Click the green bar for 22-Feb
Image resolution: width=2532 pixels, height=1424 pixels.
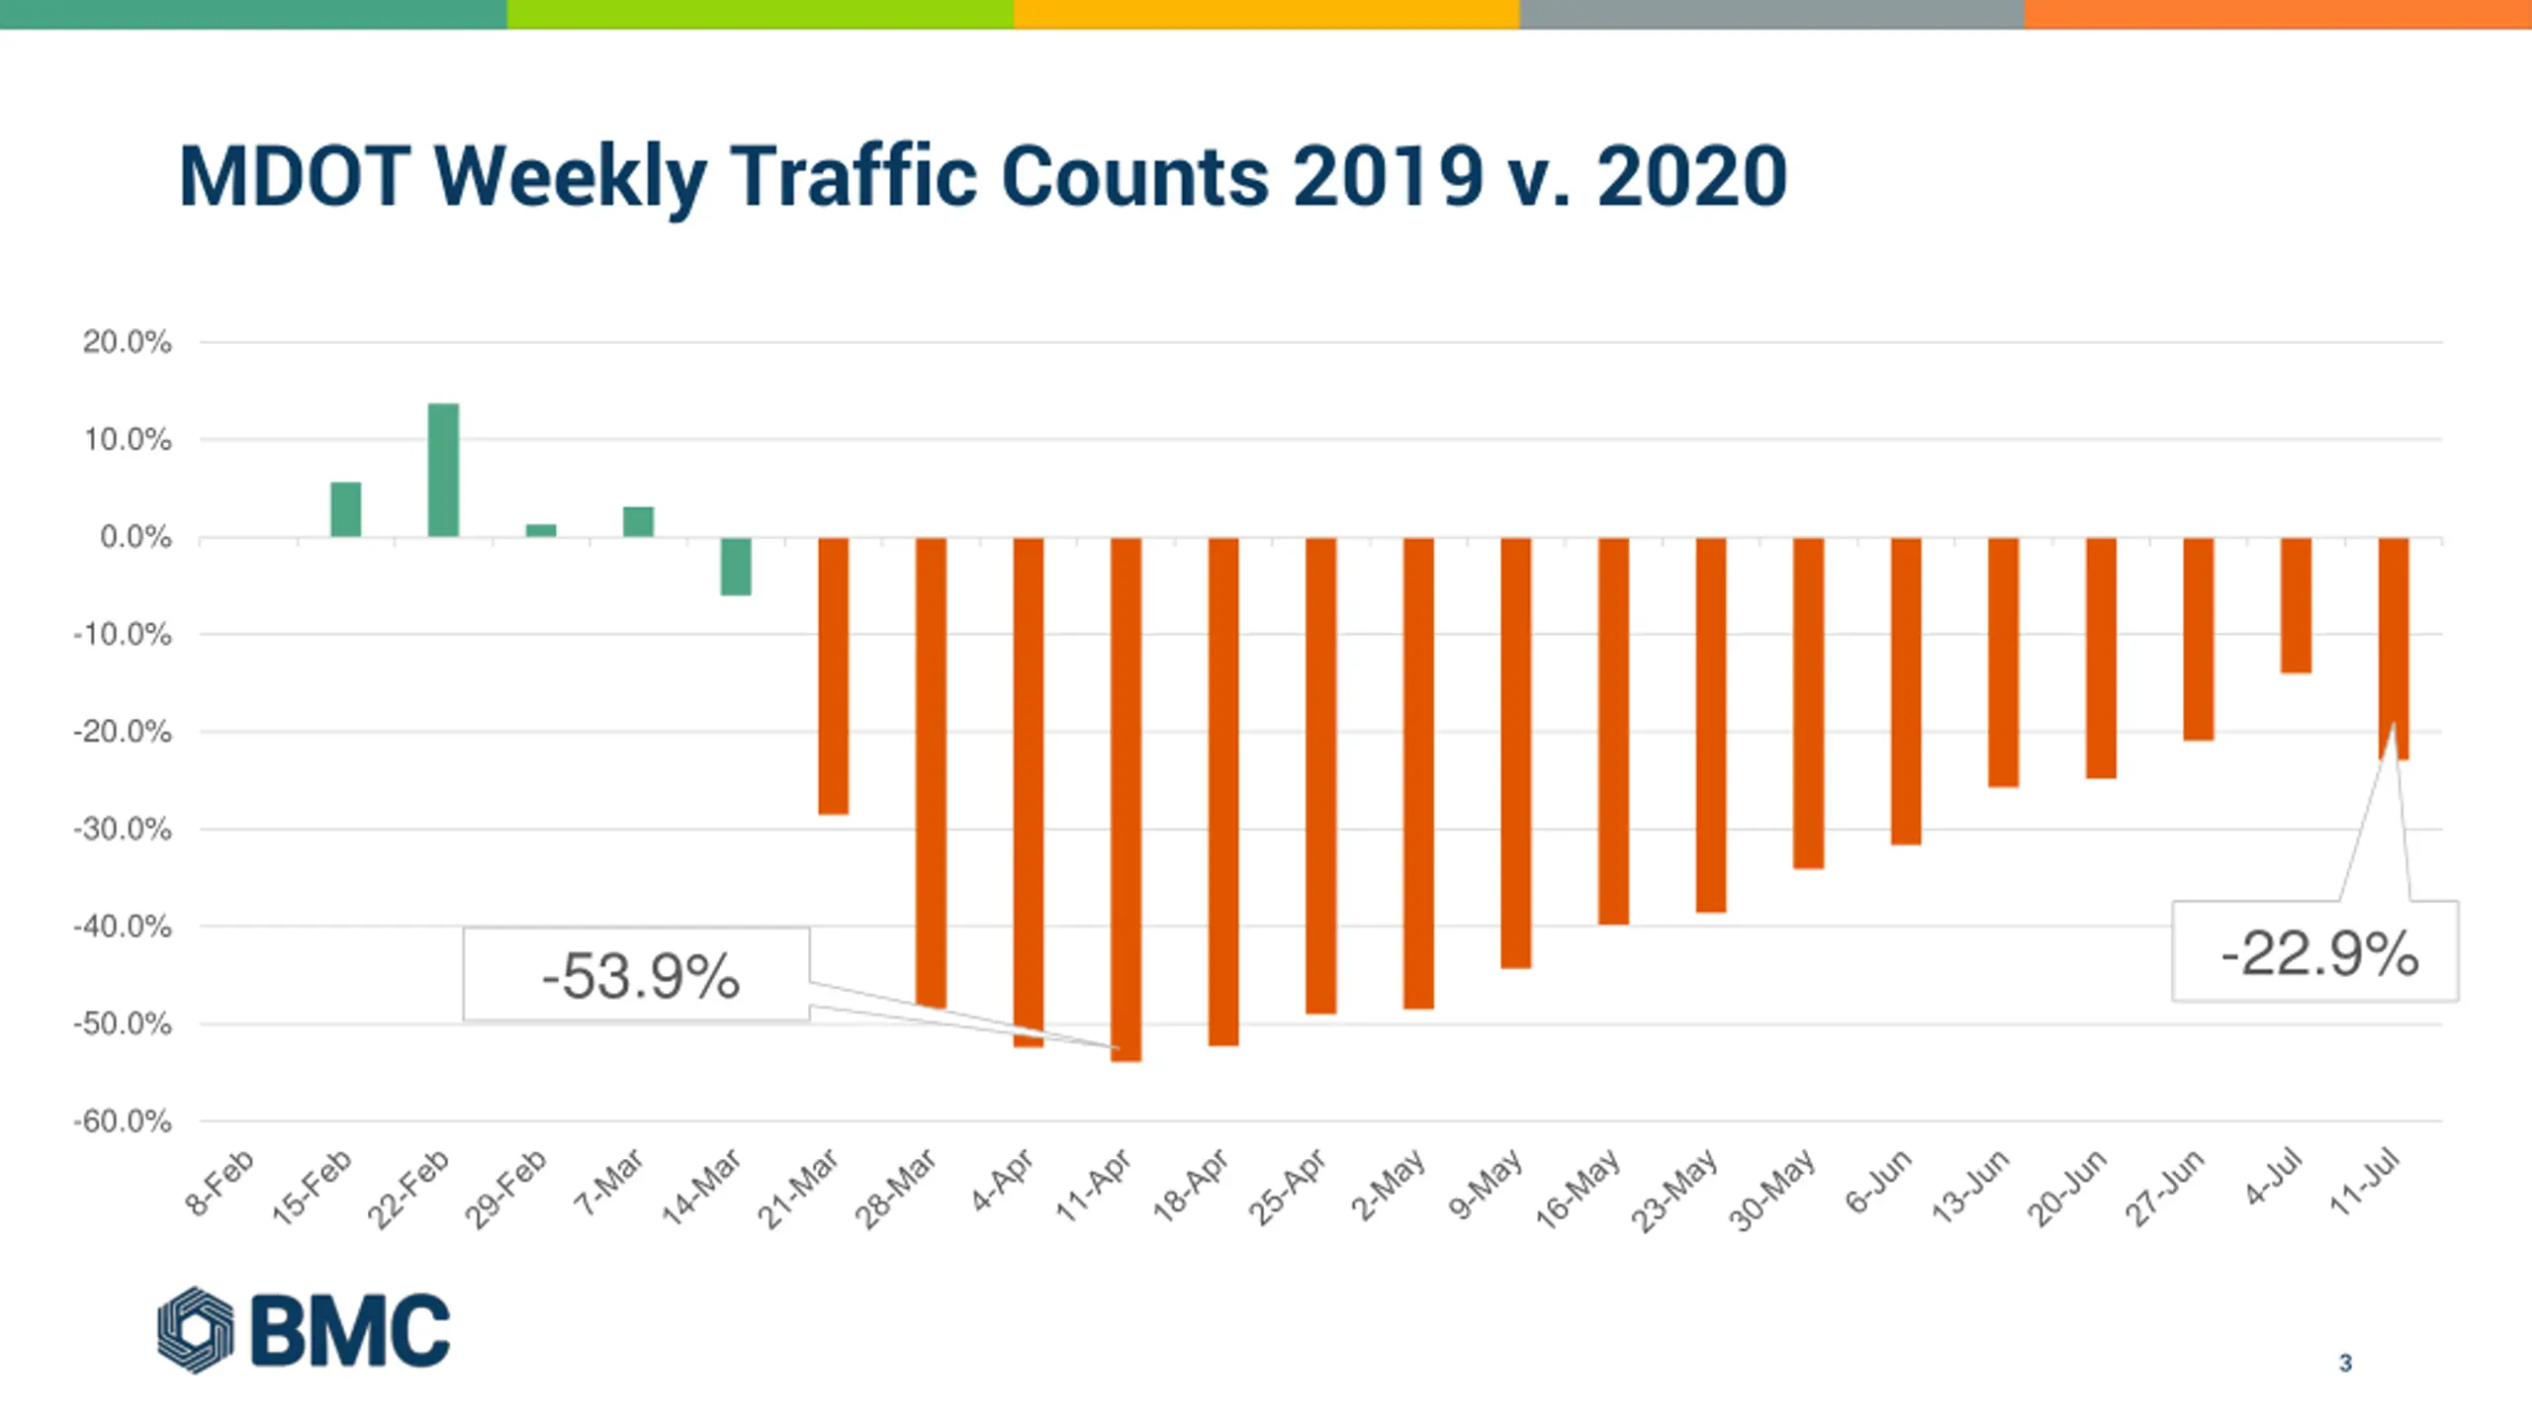click(x=443, y=470)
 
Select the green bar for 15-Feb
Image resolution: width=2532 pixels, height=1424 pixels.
click(x=345, y=509)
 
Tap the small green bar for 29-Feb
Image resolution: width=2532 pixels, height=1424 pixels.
click(x=541, y=530)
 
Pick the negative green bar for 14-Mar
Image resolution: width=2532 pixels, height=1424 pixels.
click(x=736, y=567)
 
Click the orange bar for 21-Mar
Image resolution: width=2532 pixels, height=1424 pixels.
click(x=833, y=676)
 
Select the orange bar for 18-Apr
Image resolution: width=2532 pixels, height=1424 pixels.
click(x=1223, y=791)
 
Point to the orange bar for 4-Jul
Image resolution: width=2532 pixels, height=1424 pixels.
click(x=2296, y=605)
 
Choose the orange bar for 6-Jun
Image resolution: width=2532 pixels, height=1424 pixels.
click(x=1906, y=691)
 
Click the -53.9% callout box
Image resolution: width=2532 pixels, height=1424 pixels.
click(x=637, y=975)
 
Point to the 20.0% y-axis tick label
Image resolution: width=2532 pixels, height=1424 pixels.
click(x=127, y=342)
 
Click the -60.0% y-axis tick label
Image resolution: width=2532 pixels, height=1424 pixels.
click(x=123, y=1121)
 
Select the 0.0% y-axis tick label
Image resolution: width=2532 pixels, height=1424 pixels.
click(x=136, y=537)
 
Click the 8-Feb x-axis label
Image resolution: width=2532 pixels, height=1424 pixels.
click(x=221, y=1182)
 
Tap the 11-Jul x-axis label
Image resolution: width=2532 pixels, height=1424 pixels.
click(x=2365, y=1182)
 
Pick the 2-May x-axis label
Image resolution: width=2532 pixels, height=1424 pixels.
click(x=1389, y=1185)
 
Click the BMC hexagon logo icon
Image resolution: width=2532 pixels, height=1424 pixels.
click(x=196, y=1329)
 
